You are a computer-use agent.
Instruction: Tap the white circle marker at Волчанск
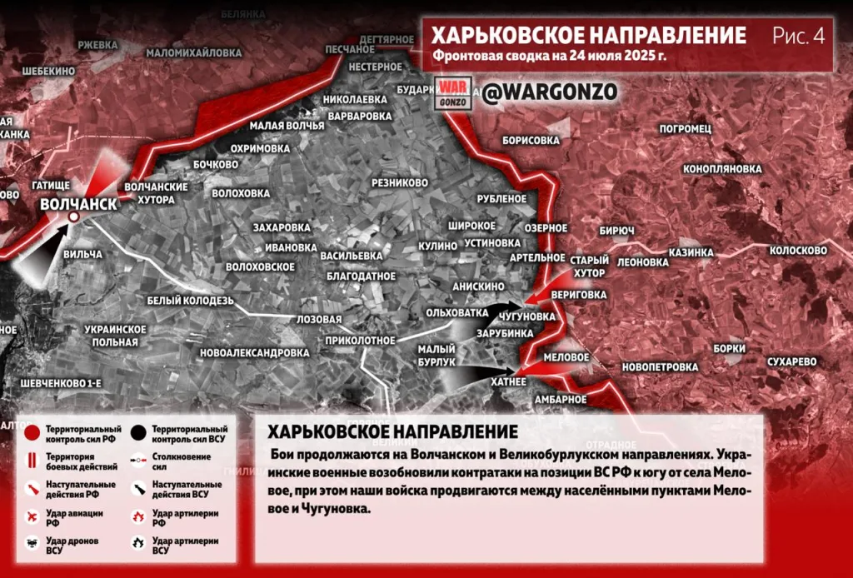(x=73, y=217)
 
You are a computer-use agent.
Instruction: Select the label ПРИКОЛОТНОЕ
(x=360, y=340)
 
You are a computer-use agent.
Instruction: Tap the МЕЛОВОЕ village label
(x=566, y=356)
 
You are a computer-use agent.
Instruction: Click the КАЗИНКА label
(x=691, y=252)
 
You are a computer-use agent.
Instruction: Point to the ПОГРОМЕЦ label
(x=685, y=129)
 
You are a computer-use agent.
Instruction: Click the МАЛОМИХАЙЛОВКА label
(x=194, y=52)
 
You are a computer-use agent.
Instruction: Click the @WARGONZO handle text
(x=551, y=92)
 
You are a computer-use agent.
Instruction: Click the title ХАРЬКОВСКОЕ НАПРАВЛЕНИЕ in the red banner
(x=589, y=36)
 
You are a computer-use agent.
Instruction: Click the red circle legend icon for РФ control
(x=32, y=431)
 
